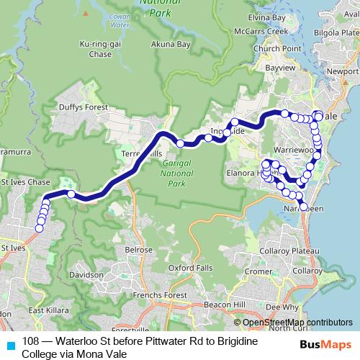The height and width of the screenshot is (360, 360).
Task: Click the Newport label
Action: coord(341,72)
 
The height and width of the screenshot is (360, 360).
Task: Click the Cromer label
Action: coord(257,271)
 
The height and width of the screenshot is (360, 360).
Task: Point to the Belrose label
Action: coord(138,249)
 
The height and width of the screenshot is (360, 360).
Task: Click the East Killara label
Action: coord(43,310)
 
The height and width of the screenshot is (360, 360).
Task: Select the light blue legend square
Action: coord(9,343)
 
